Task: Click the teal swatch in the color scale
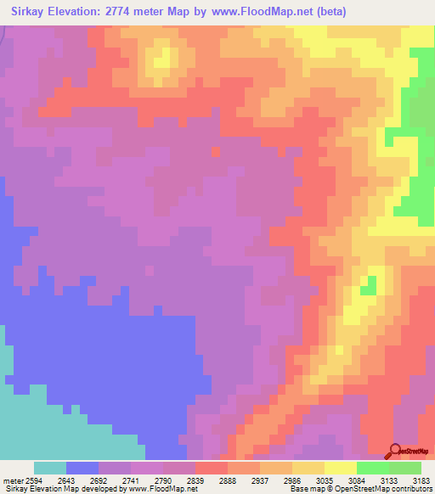(x=49, y=468)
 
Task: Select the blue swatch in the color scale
(x=82, y=468)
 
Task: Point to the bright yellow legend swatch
(x=340, y=468)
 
